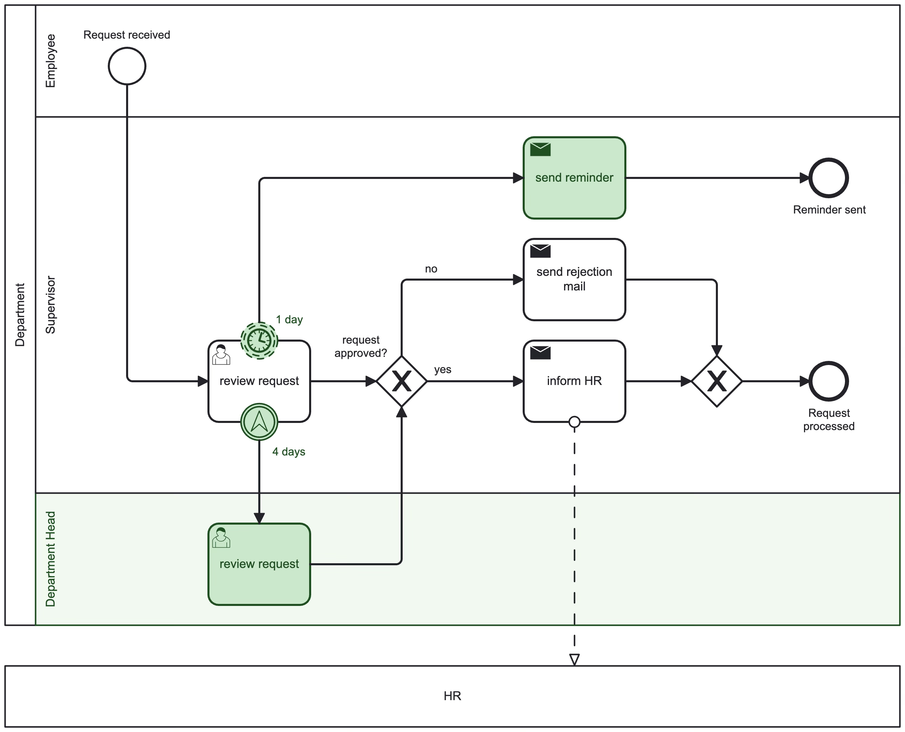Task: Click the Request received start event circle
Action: [127, 66]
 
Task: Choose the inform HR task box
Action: [574, 392]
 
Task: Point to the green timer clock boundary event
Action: [259, 340]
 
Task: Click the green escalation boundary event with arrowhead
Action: [259, 422]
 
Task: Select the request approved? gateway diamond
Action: [401, 381]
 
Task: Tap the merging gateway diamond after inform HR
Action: [717, 381]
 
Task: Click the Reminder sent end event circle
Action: [828, 178]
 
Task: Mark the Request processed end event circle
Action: [828, 381]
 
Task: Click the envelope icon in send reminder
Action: [540, 149]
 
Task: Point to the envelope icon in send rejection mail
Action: [540, 251]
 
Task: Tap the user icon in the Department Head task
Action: [221, 537]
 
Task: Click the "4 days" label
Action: [288, 452]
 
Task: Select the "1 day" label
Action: [289, 320]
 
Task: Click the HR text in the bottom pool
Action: [452, 696]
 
